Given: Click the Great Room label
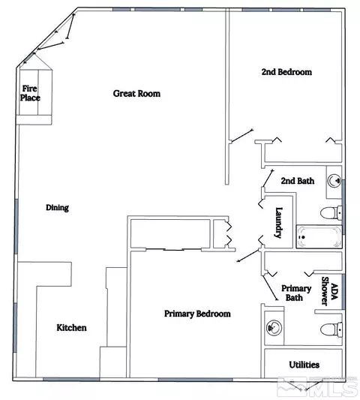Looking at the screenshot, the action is pos(136,94).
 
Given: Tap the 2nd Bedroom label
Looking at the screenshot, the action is pos(286,72).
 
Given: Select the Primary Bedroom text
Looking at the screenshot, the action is pos(197,314).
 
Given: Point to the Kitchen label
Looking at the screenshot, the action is pos(72,327).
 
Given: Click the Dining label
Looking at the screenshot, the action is pos(57,208).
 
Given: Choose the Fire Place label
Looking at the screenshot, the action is pos(30,93).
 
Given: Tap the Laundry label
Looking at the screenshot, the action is pos(279,223).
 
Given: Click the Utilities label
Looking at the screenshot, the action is pos(304,365).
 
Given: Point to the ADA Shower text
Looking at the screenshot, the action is pos(329,291).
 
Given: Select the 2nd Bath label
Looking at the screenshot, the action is pos(298,181).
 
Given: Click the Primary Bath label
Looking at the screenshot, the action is pos(296,293).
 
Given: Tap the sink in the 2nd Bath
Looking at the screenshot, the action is pos(334,181).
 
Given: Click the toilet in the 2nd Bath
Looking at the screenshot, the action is pos(331,212).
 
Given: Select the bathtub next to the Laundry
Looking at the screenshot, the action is pos(319,236).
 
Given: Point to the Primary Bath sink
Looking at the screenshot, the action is pos(274,327).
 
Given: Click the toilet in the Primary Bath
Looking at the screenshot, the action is pos(331,329).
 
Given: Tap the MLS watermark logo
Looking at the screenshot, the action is pos(317,387).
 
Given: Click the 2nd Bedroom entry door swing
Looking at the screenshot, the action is pos(241,136).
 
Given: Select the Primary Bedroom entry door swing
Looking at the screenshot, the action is pos(249,255).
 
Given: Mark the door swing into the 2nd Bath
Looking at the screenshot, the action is pos(268,179).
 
